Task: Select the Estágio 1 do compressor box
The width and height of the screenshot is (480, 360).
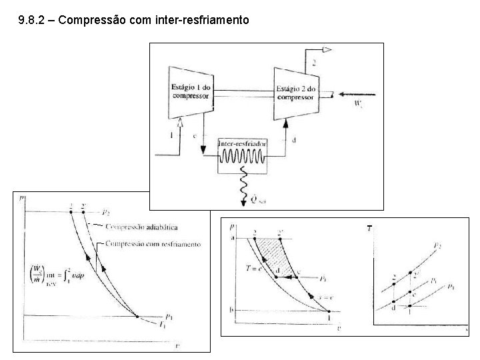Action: coord(190,91)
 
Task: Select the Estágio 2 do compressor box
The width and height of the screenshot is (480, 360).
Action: coord(295,91)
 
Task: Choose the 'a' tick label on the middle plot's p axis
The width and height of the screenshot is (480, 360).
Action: coord(233,238)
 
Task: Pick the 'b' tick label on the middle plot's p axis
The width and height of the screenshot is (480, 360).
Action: coord(233,310)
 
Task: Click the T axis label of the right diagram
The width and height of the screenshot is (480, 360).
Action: coord(368,229)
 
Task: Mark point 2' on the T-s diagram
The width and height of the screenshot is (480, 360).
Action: coord(410,274)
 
